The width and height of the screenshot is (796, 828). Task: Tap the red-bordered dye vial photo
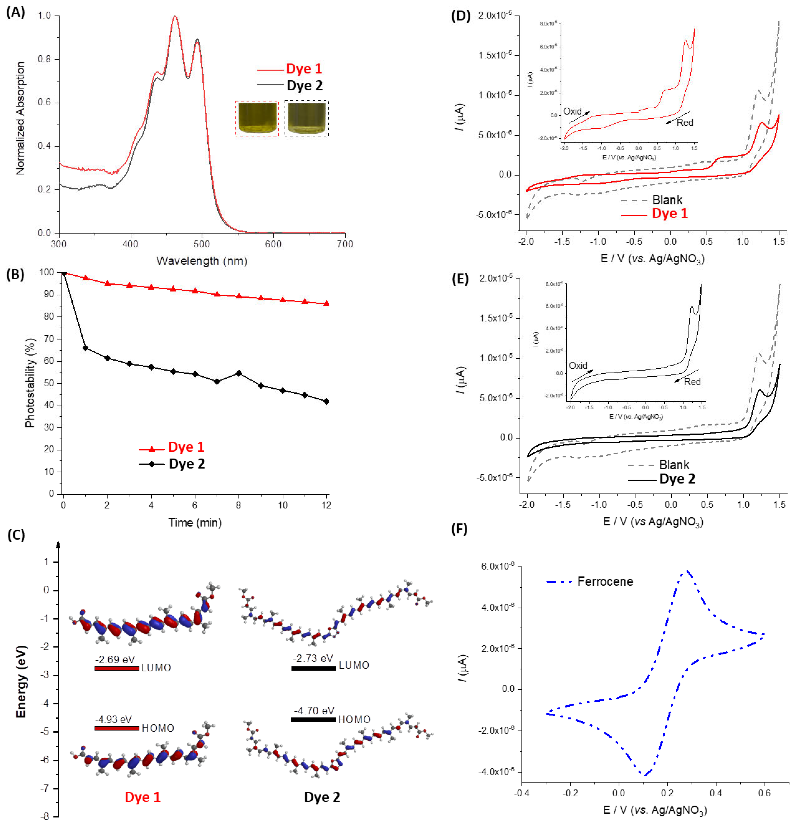tap(257, 118)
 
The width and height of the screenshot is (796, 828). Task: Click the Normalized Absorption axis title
tap(20, 118)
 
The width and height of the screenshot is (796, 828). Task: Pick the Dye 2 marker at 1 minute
tap(85, 348)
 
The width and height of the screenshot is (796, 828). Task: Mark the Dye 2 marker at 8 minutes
tap(239, 373)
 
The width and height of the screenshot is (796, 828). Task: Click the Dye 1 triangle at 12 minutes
tap(326, 303)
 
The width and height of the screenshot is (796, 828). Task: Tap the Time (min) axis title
tap(195, 523)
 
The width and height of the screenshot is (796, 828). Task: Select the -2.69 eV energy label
tap(115, 659)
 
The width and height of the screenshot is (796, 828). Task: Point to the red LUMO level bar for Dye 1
tap(116, 668)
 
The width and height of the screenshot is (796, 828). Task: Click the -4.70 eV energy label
tap(314, 710)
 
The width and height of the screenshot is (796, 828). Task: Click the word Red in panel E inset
tap(692, 382)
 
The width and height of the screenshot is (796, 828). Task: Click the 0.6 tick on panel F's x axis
tap(764, 793)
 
